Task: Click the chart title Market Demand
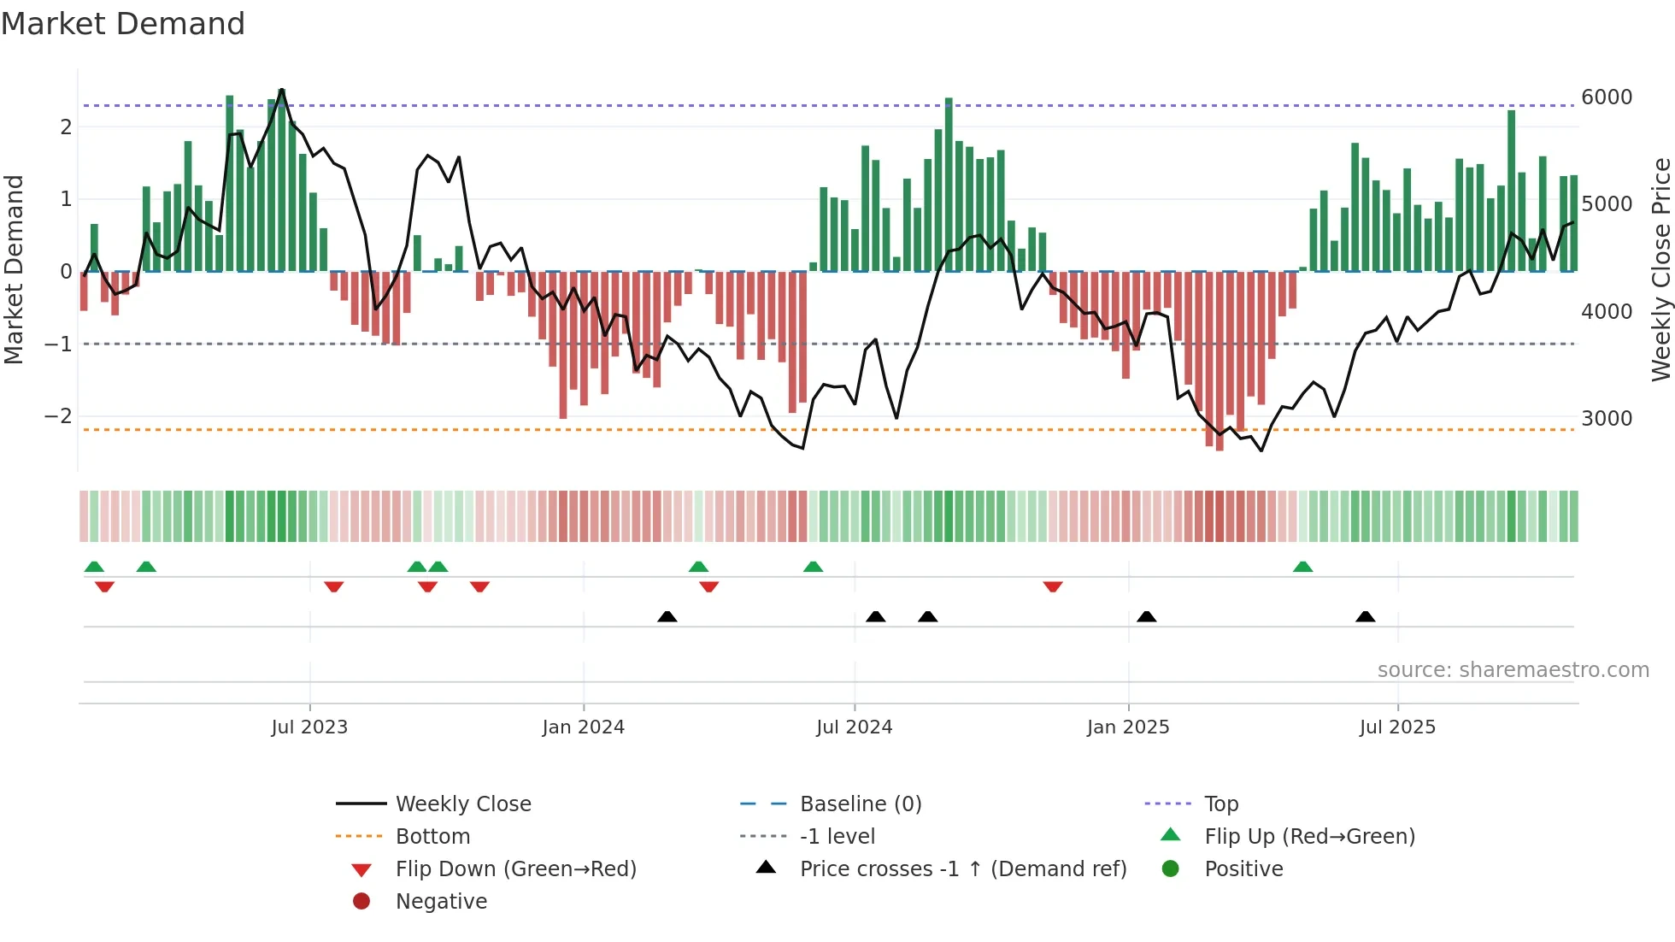click(123, 24)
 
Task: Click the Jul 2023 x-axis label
click(309, 727)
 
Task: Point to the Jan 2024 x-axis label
click(583, 727)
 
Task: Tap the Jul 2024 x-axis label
click(854, 727)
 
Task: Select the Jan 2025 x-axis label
click(1128, 727)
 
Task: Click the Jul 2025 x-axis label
click(1397, 727)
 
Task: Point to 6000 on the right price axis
click(1607, 97)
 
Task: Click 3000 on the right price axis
click(1607, 419)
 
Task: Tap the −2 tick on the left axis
click(59, 416)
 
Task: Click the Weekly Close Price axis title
click(1660, 269)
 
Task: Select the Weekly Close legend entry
click(462, 804)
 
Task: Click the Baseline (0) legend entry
click(860, 804)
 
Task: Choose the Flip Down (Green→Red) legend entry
click(515, 869)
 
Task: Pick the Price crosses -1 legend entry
click(962, 869)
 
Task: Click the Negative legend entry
click(441, 902)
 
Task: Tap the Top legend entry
click(1220, 804)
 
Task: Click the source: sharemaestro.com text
click(1513, 670)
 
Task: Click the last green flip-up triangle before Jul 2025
click(1302, 568)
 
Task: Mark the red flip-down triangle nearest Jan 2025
click(1053, 586)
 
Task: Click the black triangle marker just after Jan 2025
click(1147, 617)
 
